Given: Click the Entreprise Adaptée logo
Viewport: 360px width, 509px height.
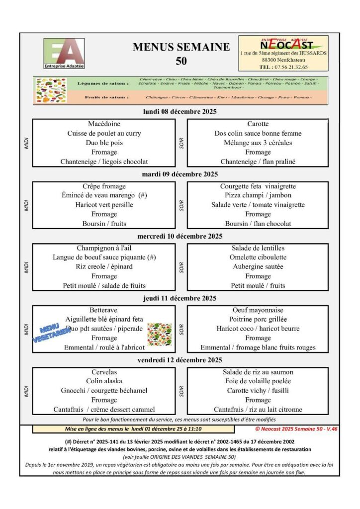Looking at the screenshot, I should [64, 54].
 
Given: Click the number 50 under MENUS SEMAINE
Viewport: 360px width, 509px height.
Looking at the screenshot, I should [181, 61].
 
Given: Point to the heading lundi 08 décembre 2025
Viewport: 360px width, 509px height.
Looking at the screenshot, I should [180, 112].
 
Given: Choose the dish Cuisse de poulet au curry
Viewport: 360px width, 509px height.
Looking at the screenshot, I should [104, 133].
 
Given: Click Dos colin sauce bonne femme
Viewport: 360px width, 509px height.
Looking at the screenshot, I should [258, 133].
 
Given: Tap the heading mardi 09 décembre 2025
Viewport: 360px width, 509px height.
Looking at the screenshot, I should [180, 174].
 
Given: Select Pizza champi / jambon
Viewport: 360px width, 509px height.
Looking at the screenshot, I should [258, 195].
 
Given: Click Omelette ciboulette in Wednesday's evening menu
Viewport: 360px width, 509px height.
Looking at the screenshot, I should [258, 257].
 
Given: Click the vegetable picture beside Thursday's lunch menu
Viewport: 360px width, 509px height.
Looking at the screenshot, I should [160, 334].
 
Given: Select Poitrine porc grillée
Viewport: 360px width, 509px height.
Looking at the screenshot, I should [258, 319].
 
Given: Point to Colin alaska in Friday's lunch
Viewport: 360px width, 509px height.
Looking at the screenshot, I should [104, 381].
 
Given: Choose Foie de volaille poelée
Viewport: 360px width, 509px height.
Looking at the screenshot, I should [258, 381].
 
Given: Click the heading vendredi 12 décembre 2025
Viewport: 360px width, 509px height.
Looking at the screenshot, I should [180, 360].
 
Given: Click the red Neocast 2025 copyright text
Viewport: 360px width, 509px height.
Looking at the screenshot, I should [296, 428].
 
